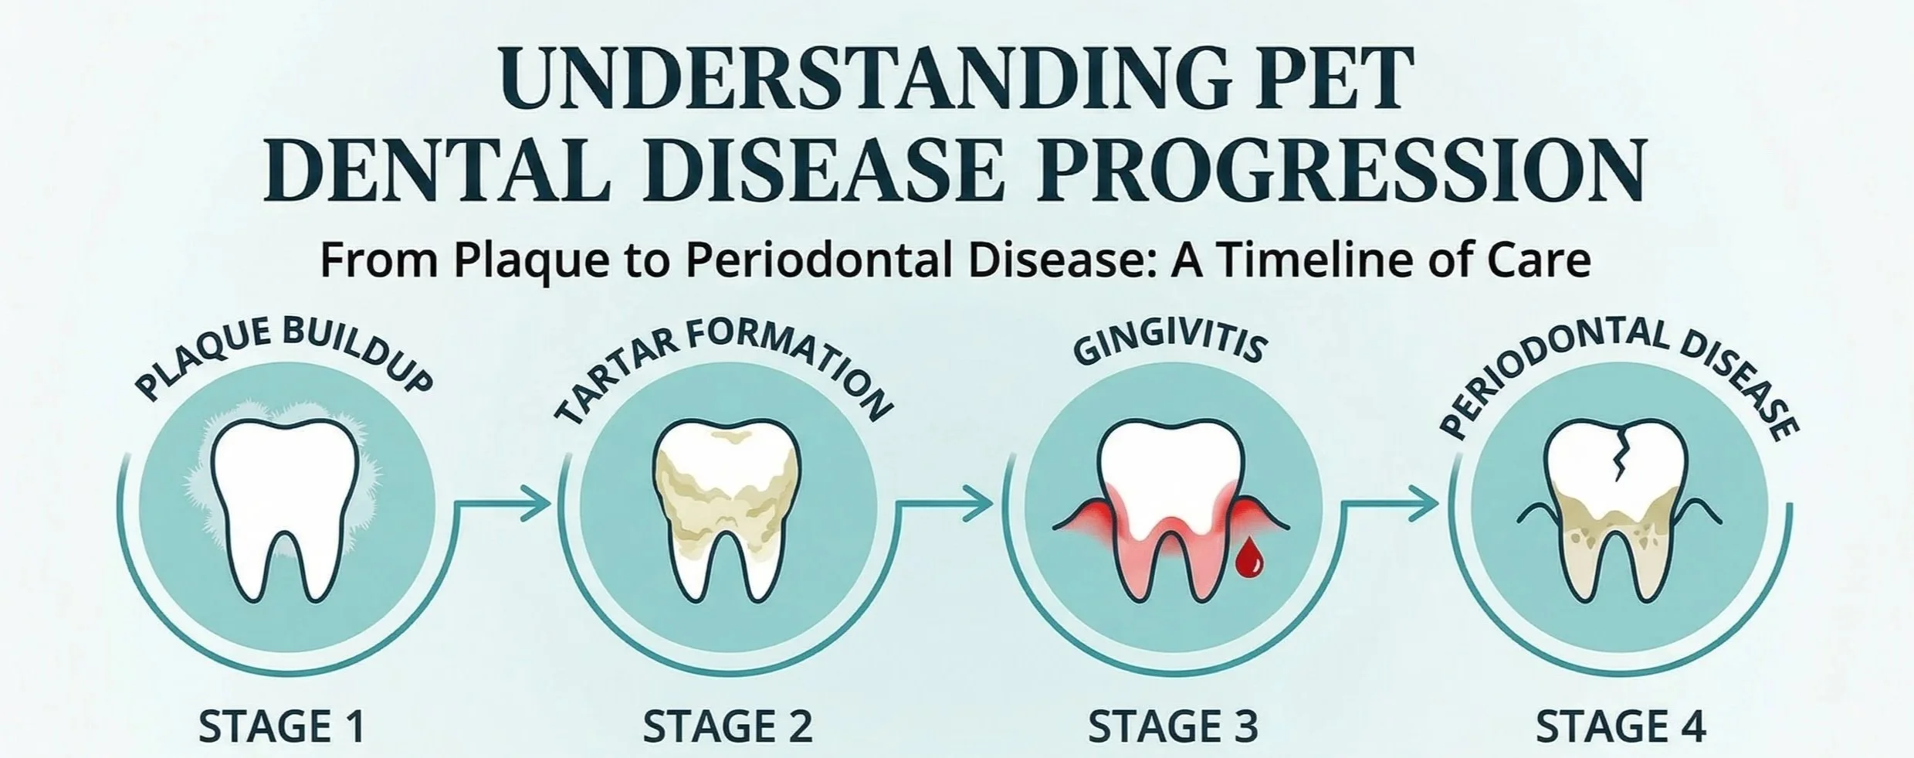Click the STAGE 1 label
pos(281,726)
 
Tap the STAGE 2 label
pos(727,726)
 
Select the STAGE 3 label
pos(1173,726)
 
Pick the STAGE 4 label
pos(1621,726)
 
